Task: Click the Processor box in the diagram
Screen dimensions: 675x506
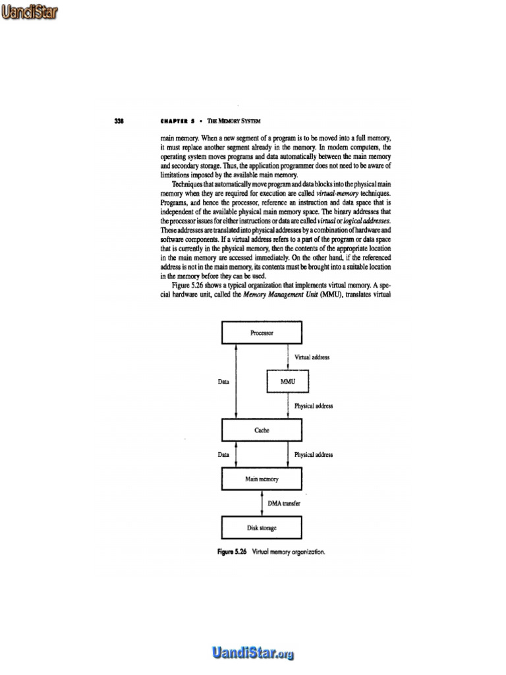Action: coord(262,333)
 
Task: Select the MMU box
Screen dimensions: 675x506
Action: coord(288,381)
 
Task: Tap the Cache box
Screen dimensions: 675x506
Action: coord(262,430)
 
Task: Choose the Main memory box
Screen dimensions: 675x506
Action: coord(262,479)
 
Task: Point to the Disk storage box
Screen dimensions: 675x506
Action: coord(262,527)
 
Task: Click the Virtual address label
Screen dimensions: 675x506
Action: coord(312,357)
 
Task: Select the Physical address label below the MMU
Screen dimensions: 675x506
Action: coord(314,405)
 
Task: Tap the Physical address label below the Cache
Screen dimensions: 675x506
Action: coord(314,454)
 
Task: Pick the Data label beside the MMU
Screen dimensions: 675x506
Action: coord(223,381)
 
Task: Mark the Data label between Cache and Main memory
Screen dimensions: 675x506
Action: coord(223,454)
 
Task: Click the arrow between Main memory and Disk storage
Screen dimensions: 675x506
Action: coord(262,503)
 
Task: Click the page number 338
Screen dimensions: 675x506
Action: coord(119,121)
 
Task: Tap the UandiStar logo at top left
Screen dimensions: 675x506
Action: coord(28,11)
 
